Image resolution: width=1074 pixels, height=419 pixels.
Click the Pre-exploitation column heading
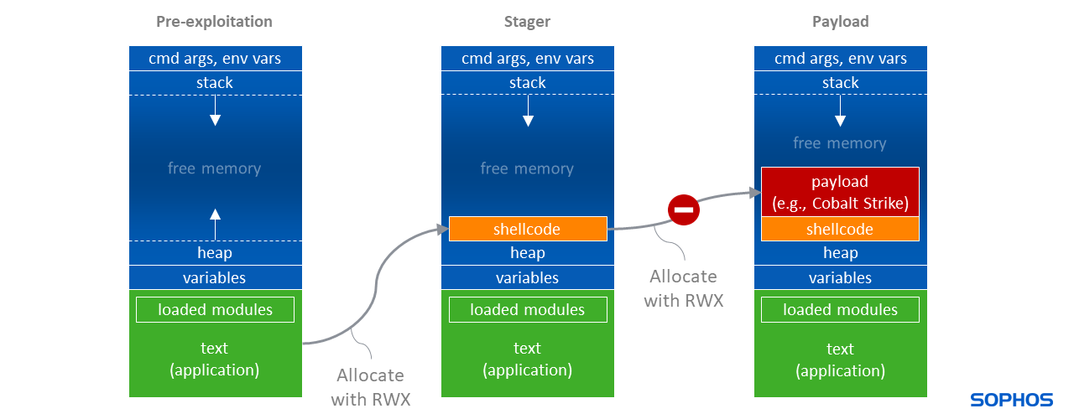coord(214,22)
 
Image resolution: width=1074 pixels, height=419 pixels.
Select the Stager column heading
coord(527,22)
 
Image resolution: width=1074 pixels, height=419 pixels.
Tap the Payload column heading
coord(840,22)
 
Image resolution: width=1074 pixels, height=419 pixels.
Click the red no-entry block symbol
coord(684,209)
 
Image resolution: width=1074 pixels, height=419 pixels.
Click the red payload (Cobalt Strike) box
coord(840,192)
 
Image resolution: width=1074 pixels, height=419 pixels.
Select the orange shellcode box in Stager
coord(527,229)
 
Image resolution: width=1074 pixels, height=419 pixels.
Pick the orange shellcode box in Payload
coord(840,229)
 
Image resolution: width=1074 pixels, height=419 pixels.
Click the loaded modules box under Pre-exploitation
coord(215,309)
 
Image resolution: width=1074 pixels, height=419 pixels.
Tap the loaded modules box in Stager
coord(527,309)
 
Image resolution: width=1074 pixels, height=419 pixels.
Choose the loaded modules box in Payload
coord(840,309)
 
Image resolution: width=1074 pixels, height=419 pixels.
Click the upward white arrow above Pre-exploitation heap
coord(215,222)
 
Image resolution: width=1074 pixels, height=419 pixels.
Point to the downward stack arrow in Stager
coord(528,111)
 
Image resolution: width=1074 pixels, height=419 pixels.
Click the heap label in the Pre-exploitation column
coord(215,252)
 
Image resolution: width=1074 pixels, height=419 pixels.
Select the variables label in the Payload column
coord(840,277)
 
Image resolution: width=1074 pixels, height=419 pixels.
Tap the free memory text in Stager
coord(527,168)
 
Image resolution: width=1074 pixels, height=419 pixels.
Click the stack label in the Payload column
coord(840,82)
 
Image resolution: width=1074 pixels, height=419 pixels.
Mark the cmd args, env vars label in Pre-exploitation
coord(215,58)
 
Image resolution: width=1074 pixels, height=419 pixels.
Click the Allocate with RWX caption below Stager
coord(370,387)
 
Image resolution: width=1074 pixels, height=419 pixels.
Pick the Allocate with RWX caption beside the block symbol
coord(683,287)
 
